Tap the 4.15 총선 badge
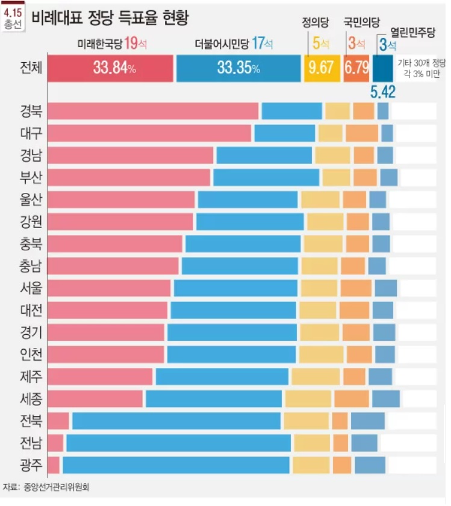(11, 17)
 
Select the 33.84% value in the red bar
(114, 68)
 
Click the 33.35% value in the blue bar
(238, 68)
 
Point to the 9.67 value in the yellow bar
(321, 68)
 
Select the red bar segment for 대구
(149, 133)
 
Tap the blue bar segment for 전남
(178, 443)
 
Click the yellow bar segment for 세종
(308, 399)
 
